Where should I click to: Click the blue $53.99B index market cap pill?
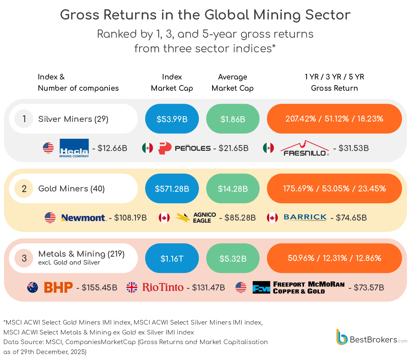point(172,119)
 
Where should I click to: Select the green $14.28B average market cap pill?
point(233,189)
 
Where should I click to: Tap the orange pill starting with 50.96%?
point(334,258)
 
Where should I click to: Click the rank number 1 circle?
point(24,119)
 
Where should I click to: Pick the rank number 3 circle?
point(24,258)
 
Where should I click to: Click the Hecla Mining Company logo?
point(74,148)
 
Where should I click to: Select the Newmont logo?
point(84,218)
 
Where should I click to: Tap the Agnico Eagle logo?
point(196,218)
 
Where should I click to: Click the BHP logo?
point(58,287)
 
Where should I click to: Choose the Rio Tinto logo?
point(163,287)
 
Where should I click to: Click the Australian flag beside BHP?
point(32,287)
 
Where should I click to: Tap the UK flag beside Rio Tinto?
point(132,287)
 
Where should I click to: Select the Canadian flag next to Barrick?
point(272,218)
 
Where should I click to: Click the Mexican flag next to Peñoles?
point(147,148)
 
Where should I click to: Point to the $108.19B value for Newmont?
point(130,218)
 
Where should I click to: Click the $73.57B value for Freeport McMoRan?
point(369,287)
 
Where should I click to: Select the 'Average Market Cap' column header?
point(233,82)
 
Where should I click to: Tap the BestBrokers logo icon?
point(342,337)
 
